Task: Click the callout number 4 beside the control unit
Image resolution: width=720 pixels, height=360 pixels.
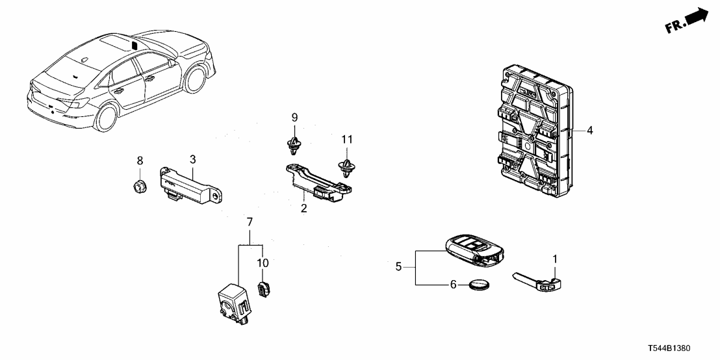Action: pyautogui.click(x=589, y=131)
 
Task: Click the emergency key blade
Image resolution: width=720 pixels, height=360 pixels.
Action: pyautogui.click(x=539, y=281)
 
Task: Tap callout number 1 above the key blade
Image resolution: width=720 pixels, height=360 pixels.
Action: pyautogui.click(x=554, y=260)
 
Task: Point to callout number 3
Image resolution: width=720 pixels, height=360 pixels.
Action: pyautogui.click(x=192, y=159)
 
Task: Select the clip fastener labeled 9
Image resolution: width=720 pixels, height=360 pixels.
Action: pyautogui.click(x=294, y=147)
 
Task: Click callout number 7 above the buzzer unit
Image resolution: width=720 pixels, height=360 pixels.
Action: pyautogui.click(x=249, y=224)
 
